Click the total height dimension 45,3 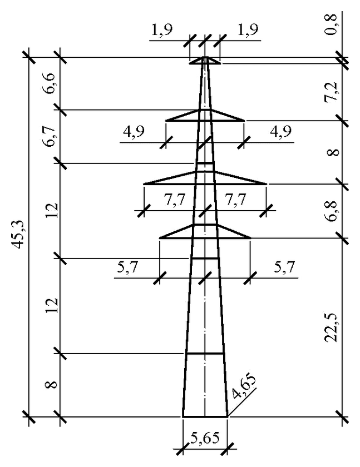[x=17, y=235]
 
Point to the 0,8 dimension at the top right [x=332, y=24]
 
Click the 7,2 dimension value [x=332, y=92]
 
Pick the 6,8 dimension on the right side [x=332, y=211]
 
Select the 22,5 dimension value [x=332, y=328]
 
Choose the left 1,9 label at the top [x=162, y=30]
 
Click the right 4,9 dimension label [x=281, y=131]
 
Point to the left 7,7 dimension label [x=174, y=200]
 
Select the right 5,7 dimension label [x=284, y=267]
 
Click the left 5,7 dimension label [x=127, y=267]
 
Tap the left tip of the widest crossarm [x=144, y=184]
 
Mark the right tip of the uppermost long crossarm [x=244, y=120]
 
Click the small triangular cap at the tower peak [x=205, y=60]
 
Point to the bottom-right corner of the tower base [x=228, y=416]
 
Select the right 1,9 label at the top [x=248, y=30]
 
